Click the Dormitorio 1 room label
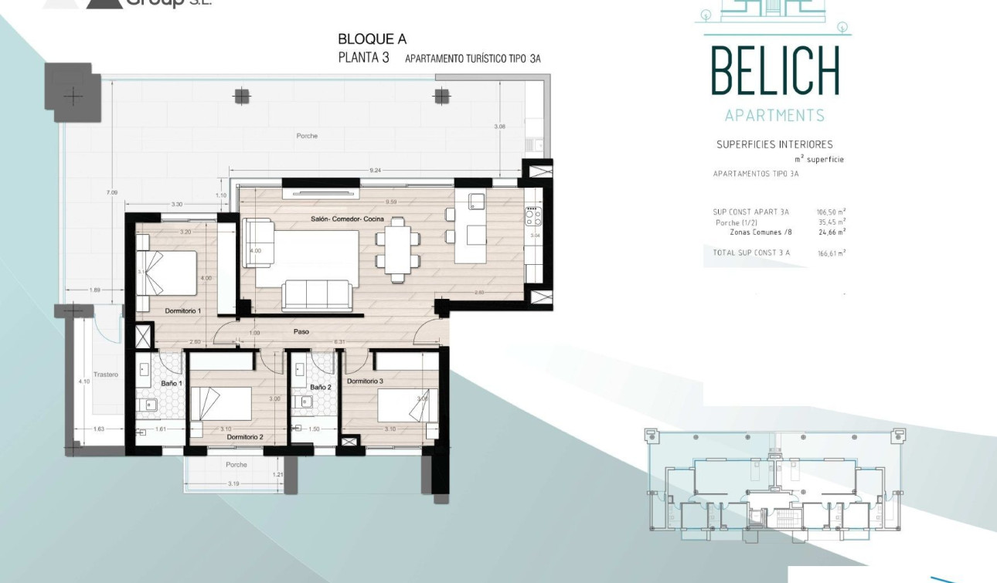coord(182,310)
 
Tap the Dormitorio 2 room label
coord(245,437)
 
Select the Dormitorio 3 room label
coord(365,381)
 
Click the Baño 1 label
coord(171,383)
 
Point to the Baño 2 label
coord(320,387)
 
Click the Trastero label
coord(106,375)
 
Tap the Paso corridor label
coord(301,332)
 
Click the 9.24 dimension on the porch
coord(376,170)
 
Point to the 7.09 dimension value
coord(112,192)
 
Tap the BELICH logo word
coord(774,71)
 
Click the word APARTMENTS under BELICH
coord(774,116)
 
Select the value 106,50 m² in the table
coord(831,212)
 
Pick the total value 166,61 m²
coord(831,253)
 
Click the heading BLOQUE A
coord(372,39)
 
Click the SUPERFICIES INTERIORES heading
coord(774,144)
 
